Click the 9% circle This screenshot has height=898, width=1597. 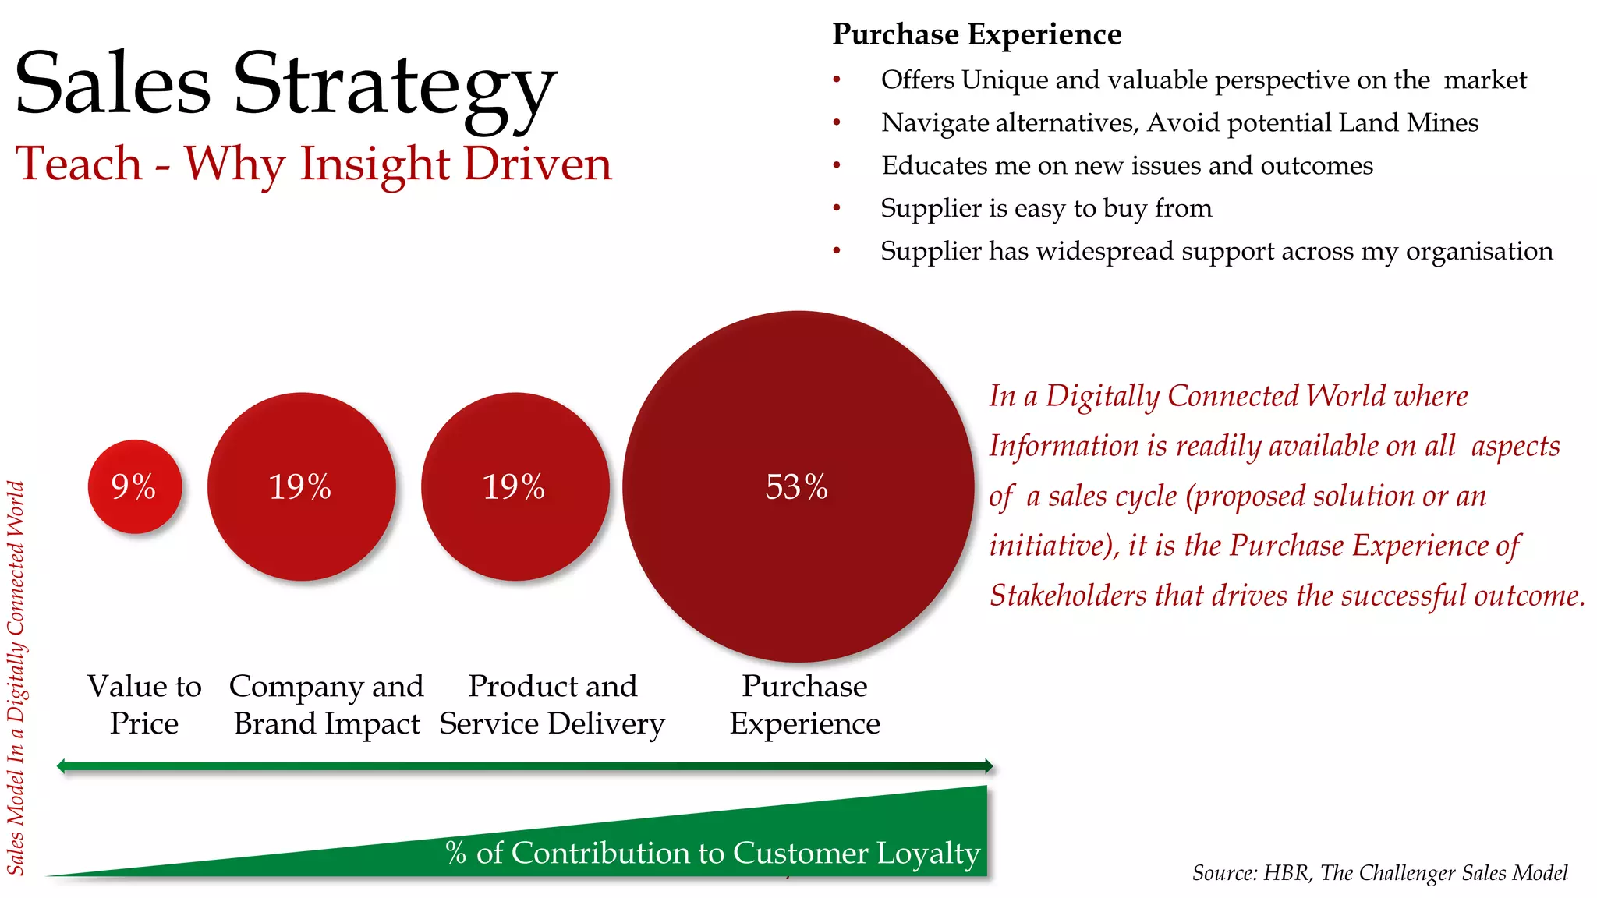pyautogui.click(x=135, y=486)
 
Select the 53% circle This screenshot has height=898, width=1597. pyautogui.click(x=798, y=486)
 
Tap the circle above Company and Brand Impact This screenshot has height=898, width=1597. pyautogui.click(x=301, y=486)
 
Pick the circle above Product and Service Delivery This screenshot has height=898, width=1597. pyautogui.click(x=515, y=486)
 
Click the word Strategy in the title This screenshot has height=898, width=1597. pyautogui.click(x=395, y=84)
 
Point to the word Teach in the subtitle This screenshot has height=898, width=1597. pyautogui.click(x=79, y=164)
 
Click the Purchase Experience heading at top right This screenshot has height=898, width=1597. pyautogui.click(x=976, y=34)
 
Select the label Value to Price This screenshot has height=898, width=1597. pyautogui.click(x=144, y=705)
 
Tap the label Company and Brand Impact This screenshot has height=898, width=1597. pyautogui.click(x=327, y=705)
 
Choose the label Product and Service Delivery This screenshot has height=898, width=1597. pyautogui.click(x=552, y=705)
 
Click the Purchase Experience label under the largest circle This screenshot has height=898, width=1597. pyautogui.click(x=805, y=705)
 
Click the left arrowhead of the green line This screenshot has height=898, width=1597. pyautogui.click(x=62, y=766)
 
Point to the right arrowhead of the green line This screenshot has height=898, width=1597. pyautogui.click(x=989, y=766)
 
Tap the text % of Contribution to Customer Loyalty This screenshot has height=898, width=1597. pyautogui.click(x=712, y=853)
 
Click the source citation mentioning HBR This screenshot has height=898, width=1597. pyautogui.click(x=1379, y=873)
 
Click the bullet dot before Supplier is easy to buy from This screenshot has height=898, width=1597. pyautogui.click(x=837, y=208)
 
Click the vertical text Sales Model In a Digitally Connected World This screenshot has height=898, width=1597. pyautogui.click(x=16, y=678)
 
